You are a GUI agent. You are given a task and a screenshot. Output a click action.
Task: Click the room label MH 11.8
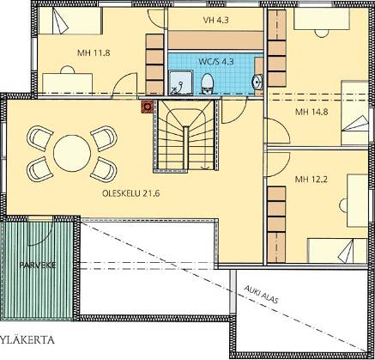pos(94,53)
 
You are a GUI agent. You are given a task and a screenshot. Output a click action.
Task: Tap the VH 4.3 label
pos(215,20)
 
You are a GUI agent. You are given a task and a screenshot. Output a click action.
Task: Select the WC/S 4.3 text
pos(216,62)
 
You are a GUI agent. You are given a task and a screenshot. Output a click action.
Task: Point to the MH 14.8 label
pos(311,112)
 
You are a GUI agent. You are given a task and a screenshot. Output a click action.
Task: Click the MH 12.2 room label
pos(311,180)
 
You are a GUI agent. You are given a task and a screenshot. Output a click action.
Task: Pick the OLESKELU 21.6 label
pos(130,193)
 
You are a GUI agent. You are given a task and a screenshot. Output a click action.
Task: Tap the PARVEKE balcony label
pos(38,265)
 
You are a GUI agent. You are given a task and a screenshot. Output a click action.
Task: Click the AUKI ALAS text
pos(261,294)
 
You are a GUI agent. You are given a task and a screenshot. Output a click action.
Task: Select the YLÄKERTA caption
pos(27,340)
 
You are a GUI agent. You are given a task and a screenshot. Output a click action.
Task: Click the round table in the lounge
pos(72,153)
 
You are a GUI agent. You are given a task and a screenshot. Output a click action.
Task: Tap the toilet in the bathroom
pos(207,83)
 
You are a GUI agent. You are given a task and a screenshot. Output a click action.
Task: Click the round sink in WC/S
pos(257,82)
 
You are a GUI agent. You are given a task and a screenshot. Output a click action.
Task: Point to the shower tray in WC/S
pos(181,82)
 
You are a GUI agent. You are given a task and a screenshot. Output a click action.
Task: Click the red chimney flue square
pos(148,107)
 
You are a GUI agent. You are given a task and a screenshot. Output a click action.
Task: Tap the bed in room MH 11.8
pos(70,21)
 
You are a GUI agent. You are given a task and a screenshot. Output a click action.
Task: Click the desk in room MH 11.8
pos(68,83)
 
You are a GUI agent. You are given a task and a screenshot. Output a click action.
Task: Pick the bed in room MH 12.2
pos(337,250)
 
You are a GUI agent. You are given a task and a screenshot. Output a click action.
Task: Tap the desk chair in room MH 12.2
pos(343,205)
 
